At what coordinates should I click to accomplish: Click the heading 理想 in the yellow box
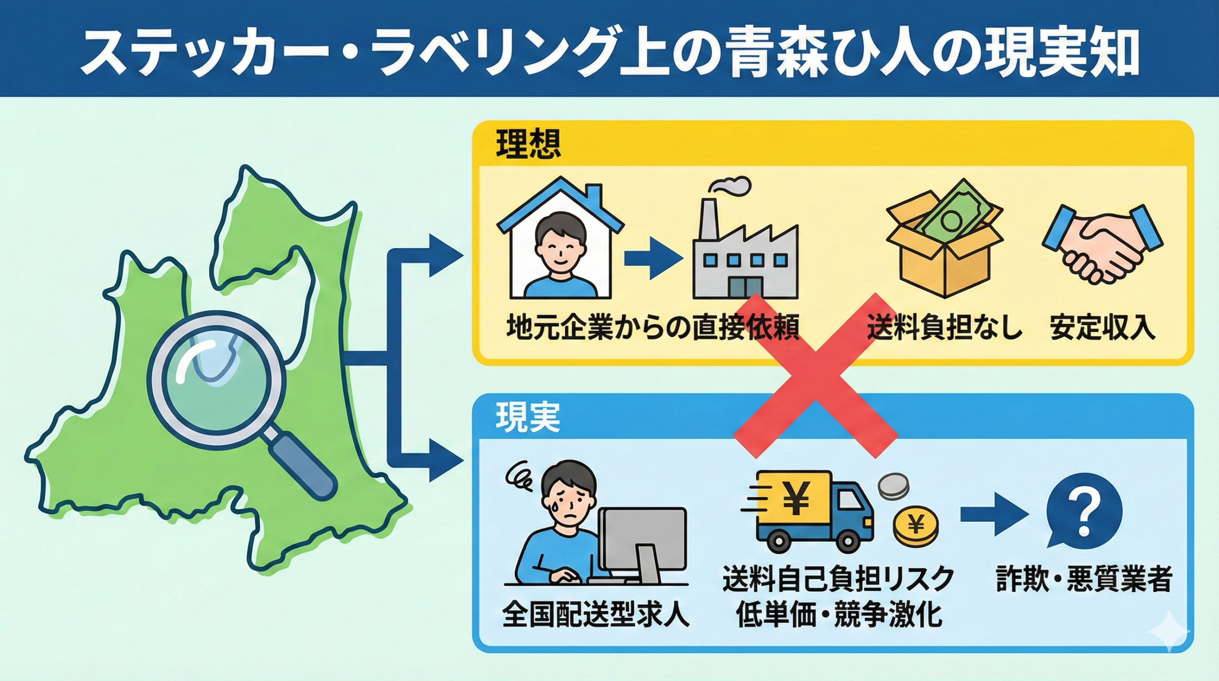tap(528, 144)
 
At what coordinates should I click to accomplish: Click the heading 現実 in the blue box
tap(528, 417)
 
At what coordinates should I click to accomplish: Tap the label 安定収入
tap(1102, 327)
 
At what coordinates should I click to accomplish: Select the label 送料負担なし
tap(944, 327)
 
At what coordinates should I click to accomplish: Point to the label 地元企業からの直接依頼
tap(653, 327)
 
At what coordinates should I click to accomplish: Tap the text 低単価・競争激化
tap(839, 615)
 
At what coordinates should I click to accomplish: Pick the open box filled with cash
tap(945, 238)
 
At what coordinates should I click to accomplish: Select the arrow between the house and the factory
tap(653, 259)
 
